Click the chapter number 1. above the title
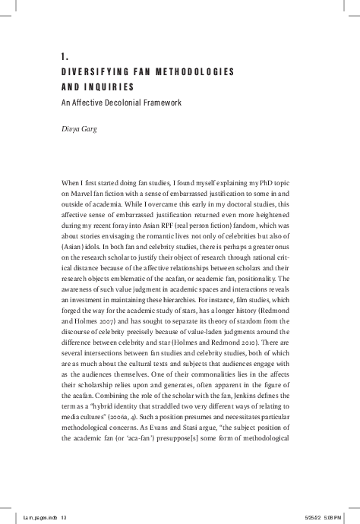click(x=64, y=56)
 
